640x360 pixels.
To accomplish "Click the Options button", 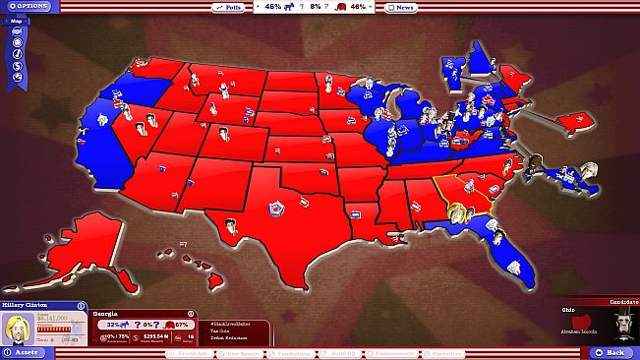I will pos(27,7).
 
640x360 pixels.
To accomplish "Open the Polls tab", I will pos(230,7).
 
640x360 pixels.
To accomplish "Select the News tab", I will pos(402,7).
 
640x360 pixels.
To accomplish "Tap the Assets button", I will pos(24,351).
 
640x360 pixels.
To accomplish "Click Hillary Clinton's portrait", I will pos(17,330).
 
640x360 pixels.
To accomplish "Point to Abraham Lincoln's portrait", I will pos(617,326).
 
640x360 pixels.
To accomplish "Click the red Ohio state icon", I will pos(581,324).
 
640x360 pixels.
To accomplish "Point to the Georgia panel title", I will pos(106,313).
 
